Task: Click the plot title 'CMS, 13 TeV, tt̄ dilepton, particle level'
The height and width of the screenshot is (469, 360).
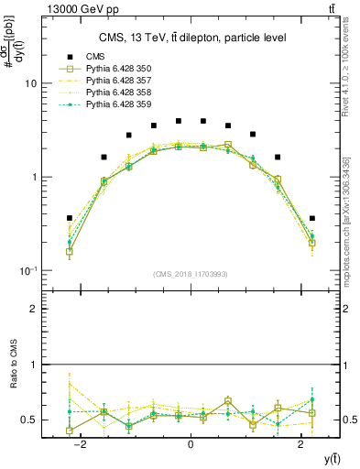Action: [x=191, y=38]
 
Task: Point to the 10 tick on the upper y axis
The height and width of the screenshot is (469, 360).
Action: [x=30, y=83]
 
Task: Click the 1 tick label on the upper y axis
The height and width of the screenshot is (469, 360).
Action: [x=33, y=177]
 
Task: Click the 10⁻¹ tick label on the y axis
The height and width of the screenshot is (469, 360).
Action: [x=27, y=270]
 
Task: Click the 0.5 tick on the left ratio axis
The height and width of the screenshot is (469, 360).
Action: [x=29, y=420]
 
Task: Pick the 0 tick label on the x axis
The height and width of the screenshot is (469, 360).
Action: [x=191, y=443]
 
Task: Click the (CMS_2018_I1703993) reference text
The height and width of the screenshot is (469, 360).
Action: [x=191, y=273]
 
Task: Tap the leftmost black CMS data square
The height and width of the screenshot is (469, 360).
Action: [x=70, y=218]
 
